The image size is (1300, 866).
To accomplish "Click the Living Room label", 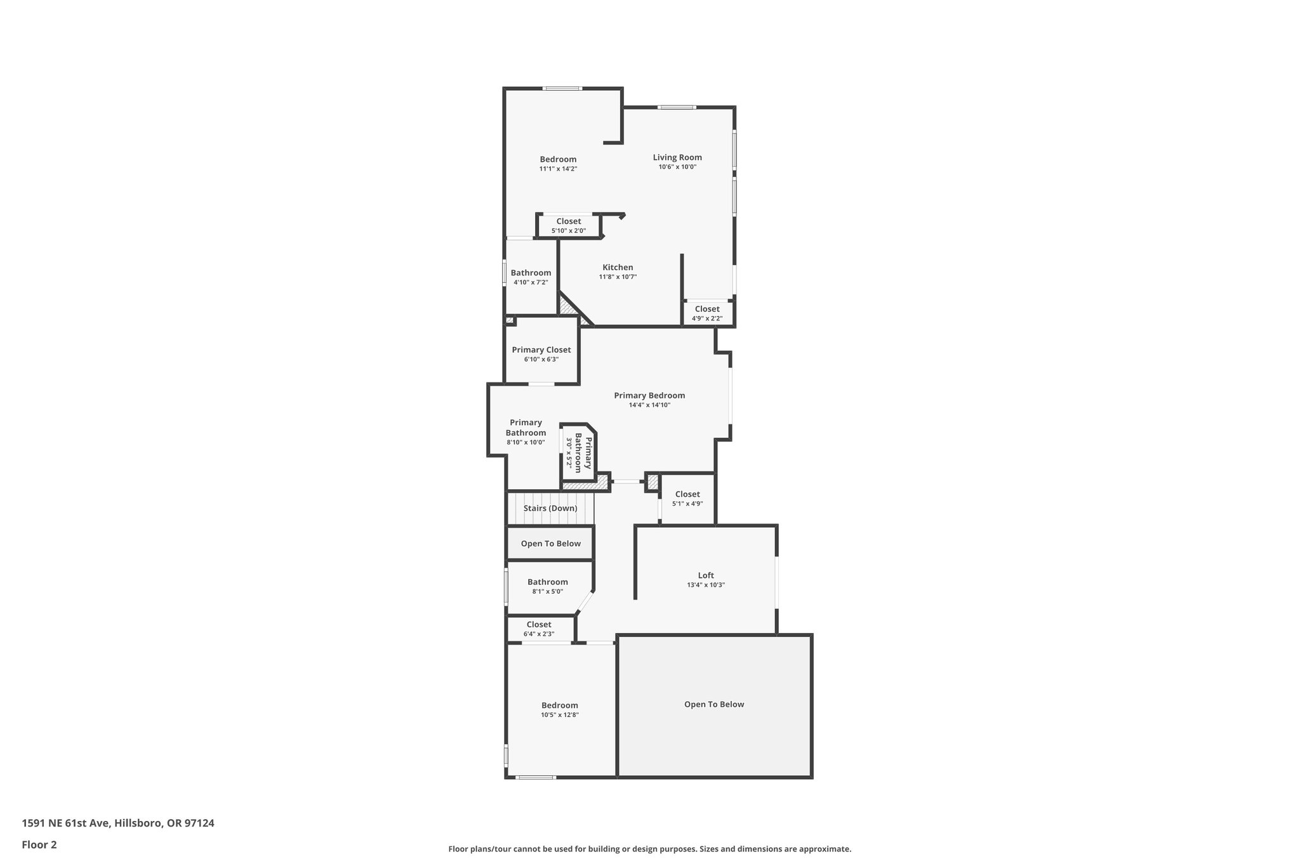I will [x=677, y=158].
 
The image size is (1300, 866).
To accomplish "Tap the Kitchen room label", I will [x=618, y=268].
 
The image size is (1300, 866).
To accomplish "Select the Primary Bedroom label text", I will [x=649, y=396].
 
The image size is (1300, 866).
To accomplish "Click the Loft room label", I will [x=706, y=576].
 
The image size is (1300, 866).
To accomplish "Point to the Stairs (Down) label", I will [x=550, y=508].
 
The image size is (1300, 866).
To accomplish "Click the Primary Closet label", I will [x=541, y=350].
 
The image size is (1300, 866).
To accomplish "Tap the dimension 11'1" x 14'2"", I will [x=558, y=169].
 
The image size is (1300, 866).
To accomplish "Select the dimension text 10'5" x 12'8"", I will [x=560, y=715].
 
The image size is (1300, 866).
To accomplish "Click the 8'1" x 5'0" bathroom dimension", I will [x=547, y=592].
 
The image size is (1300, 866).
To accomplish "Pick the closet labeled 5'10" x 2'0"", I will [x=569, y=226].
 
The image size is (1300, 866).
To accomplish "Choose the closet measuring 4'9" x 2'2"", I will [x=707, y=313].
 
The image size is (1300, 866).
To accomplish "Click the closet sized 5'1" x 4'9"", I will [x=687, y=499].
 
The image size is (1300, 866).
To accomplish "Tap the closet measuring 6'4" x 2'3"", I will [x=539, y=629].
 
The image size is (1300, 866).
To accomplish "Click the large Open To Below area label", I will [x=714, y=704].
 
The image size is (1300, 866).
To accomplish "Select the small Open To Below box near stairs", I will [x=551, y=544].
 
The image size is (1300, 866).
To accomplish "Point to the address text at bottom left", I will [x=118, y=823].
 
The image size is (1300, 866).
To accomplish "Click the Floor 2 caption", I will [x=39, y=844].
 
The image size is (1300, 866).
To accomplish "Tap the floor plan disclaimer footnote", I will [x=649, y=849].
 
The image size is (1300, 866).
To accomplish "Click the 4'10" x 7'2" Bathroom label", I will [x=531, y=277].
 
